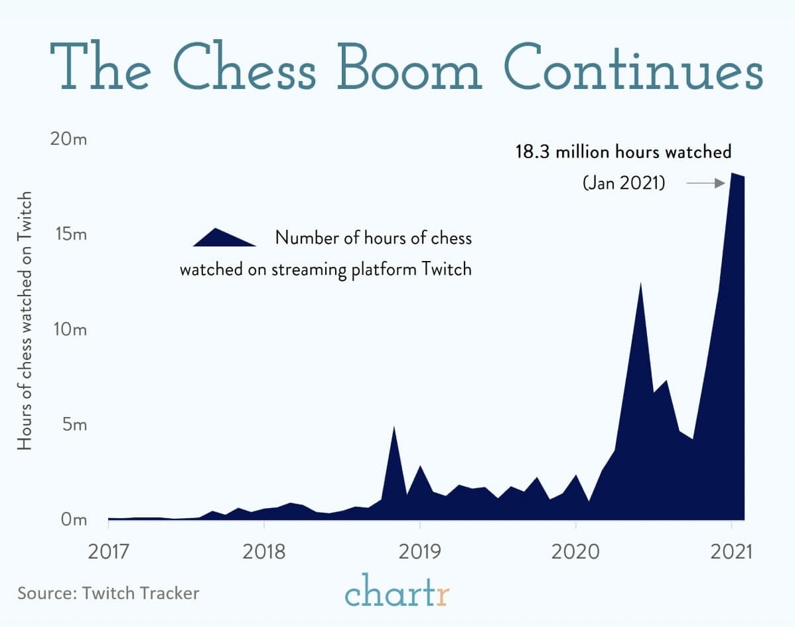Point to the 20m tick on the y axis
pos(68,140)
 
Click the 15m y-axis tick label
pos(68,235)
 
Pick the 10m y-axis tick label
pos(68,330)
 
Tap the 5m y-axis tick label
pos(73,424)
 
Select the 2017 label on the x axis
pos(108,552)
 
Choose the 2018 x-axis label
pos(263,552)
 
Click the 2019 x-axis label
pos(419,552)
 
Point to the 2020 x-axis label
pos(575,552)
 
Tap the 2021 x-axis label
pos(731,552)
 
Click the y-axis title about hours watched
pos(25,321)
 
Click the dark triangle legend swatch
pos(223,238)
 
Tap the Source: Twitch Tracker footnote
pos(108,592)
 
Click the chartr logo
pos(397,591)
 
